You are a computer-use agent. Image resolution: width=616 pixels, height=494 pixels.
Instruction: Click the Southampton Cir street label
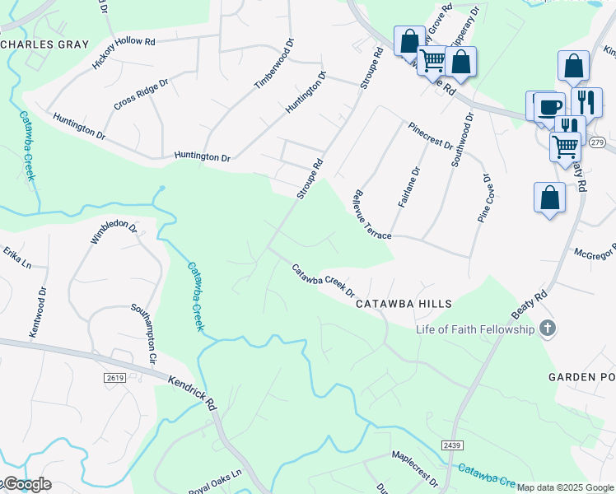143,334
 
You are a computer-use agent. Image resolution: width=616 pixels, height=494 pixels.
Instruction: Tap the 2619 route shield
114,377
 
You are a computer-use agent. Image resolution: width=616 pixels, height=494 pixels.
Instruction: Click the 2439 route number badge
451,445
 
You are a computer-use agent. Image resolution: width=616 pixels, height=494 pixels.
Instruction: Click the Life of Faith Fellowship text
475,329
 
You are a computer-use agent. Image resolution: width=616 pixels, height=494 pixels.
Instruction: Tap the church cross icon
547,329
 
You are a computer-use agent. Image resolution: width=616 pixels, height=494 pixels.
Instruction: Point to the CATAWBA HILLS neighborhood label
404,304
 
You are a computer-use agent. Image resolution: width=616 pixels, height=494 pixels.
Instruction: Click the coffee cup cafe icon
550,106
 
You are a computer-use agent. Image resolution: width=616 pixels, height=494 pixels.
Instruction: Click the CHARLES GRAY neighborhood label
44,44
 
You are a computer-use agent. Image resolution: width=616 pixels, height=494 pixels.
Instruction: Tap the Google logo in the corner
26,484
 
